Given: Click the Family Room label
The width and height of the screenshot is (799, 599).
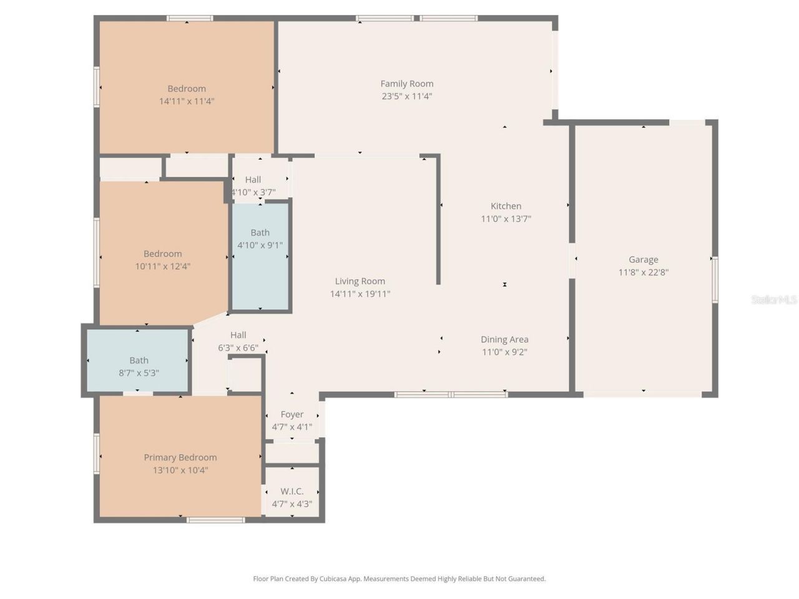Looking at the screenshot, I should click(x=407, y=84).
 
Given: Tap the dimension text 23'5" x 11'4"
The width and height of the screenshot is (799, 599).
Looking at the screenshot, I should click(x=407, y=96).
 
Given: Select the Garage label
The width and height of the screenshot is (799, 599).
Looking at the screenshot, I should click(x=643, y=260).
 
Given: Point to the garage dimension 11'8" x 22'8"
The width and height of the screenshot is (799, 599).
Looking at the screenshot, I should click(x=643, y=272).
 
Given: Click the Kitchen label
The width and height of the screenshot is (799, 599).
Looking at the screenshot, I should click(x=506, y=206).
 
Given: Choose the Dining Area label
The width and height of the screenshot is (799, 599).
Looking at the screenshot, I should click(x=504, y=339).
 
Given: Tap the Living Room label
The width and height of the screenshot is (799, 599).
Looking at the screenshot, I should click(x=360, y=281).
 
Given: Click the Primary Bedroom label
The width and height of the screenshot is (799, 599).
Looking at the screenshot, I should click(x=180, y=457).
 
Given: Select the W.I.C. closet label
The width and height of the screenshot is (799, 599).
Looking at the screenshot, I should click(x=292, y=492).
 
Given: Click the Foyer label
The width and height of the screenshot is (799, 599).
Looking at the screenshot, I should click(x=292, y=414).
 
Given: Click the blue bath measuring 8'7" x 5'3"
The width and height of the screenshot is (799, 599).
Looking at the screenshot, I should click(x=139, y=361).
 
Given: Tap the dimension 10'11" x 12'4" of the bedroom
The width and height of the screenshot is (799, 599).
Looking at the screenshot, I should click(x=163, y=266).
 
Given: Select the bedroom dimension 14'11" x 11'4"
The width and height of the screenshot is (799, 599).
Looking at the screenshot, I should click(x=187, y=101).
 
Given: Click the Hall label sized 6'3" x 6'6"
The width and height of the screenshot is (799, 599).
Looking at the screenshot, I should click(x=238, y=335).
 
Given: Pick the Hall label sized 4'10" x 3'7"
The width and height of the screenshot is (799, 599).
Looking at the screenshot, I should click(x=253, y=180).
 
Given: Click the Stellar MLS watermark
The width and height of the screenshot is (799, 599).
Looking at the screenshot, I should click(x=773, y=300).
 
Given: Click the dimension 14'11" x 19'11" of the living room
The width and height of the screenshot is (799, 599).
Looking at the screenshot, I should click(x=360, y=294).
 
